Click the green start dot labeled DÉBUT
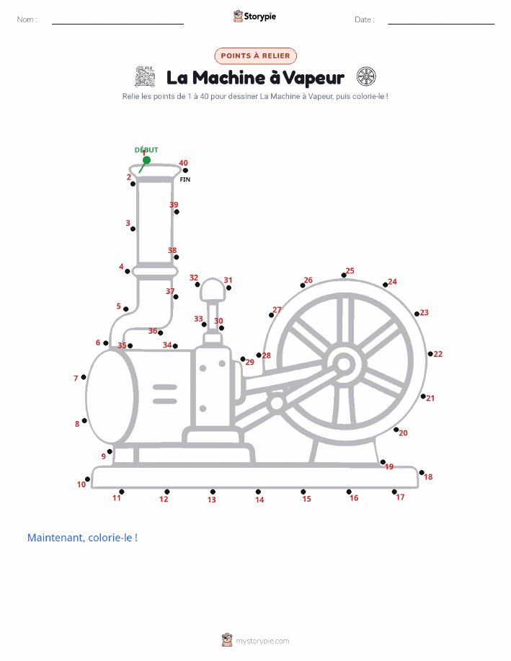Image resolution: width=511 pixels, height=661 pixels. (x=146, y=160)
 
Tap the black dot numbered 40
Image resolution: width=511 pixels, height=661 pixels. (x=185, y=170)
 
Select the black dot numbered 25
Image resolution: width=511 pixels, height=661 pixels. (x=344, y=275)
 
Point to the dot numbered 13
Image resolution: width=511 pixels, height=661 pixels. (x=213, y=492)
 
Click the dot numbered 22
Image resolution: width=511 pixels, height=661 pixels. (x=430, y=354)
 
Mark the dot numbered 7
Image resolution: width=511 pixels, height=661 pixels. (x=84, y=377)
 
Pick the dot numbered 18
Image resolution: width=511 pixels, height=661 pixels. (x=422, y=473)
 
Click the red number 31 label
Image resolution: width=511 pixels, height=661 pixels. (x=228, y=280)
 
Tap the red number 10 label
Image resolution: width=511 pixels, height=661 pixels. (x=81, y=484)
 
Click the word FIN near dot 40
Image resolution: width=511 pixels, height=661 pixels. (x=185, y=179)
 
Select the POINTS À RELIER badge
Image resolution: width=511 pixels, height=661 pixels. (x=255, y=56)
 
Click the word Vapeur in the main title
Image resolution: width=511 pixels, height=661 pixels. (x=314, y=78)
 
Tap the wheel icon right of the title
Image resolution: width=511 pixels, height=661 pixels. (x=366, y=76)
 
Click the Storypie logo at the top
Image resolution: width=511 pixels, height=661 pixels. (x=254, y=17)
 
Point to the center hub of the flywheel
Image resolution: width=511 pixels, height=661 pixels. (x=344, y=364)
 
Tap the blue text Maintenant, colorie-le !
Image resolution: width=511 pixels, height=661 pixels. (x=82, y=538)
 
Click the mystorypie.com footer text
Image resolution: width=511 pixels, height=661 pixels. (x=262, y=641)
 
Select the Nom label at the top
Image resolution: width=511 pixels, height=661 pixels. (x=27, y=19)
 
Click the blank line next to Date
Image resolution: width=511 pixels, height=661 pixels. (x=441, y=24)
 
